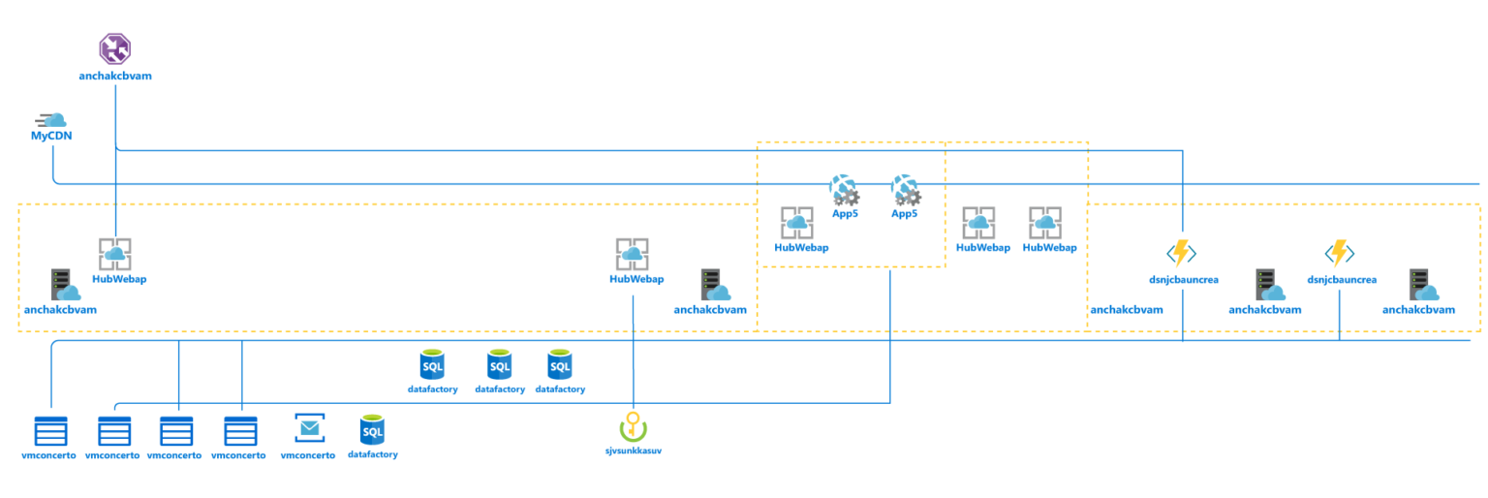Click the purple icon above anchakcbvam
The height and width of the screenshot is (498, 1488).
[115, 48]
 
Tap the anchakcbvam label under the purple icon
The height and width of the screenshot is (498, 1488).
[115, 75]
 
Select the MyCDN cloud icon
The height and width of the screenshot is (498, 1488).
[52, 121]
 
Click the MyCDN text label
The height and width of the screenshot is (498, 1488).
[51, 137]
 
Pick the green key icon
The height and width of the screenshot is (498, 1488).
[633, 426]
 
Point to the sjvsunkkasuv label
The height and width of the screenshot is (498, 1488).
[633, 450]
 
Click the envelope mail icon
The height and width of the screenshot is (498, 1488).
[309, 428]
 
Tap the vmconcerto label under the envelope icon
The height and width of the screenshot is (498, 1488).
[308, 454]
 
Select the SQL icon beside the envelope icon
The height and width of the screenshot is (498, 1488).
[372, 429]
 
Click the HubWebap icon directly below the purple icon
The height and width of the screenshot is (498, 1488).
[115, 254]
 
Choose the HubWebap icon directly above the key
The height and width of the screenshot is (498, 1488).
[633, 254]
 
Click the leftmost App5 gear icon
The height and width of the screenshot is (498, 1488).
[844, 189]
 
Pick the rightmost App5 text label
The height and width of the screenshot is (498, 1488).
[904, 213]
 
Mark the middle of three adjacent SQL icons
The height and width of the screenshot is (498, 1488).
[499, 365]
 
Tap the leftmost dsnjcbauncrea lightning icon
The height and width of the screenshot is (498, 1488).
[1181, 253]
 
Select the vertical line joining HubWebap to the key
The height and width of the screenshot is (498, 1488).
[633, 349]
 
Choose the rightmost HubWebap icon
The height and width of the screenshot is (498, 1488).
[1045, 223]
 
